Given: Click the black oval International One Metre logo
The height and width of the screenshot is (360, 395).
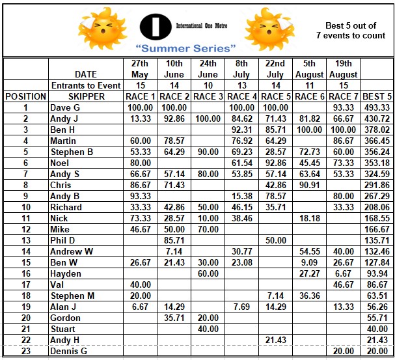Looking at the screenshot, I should (156, 26).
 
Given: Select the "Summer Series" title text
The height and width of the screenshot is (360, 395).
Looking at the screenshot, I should (185, 48).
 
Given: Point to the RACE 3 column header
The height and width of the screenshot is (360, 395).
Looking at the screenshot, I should (208, 96).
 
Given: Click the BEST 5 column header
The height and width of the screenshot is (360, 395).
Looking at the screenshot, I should (377, 96).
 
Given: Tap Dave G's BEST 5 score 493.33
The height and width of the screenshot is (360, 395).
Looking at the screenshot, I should (377, 107).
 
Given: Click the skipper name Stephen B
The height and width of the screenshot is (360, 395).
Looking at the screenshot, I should (72, 152).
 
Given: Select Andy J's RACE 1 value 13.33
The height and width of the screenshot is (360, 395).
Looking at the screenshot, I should (140, 118).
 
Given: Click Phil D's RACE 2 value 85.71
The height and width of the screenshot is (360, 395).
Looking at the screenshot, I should (174, 240).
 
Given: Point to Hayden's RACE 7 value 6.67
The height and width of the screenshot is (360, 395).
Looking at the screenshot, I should (343, 273).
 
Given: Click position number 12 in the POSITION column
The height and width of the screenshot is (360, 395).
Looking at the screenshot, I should (25, 229).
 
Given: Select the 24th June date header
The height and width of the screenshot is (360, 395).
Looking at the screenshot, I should (208, 69).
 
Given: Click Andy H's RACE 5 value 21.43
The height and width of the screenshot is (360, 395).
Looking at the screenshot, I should (275, 340).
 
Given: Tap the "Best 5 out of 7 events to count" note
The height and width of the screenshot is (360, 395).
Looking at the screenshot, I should (355, 31).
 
